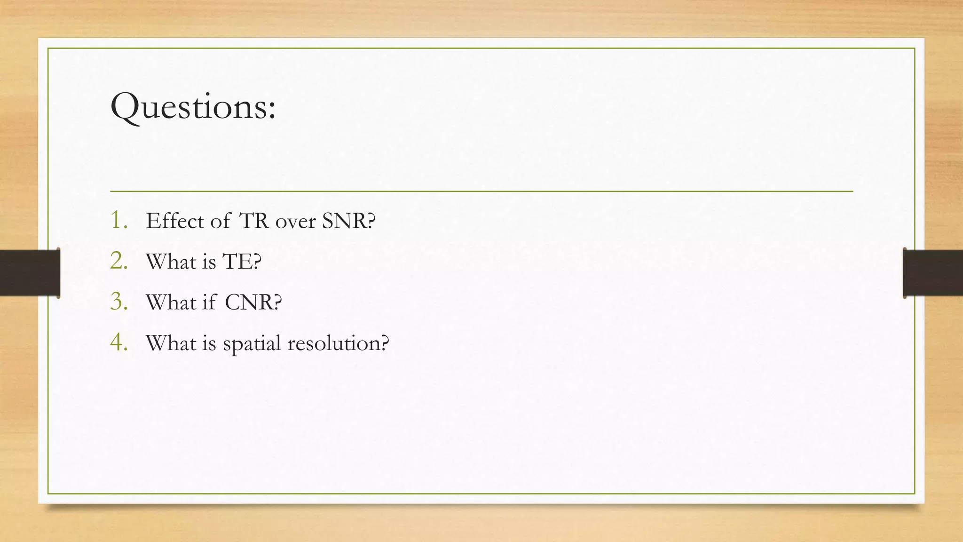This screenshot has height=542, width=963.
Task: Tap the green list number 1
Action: (x=118, y=220)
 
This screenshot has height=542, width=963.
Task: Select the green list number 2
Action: (x=118, y=261)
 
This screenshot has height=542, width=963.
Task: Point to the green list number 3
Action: (x=118, y=302)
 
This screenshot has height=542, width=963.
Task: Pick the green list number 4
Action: (x=118, y=343)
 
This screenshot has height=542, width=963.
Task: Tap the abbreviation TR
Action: (x=254, y=221)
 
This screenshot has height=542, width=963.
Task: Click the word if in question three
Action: (x=209, y=302)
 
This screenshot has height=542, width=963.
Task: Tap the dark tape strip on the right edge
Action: (x=933, y=273)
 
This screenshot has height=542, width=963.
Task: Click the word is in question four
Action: (x=209, y=343)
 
